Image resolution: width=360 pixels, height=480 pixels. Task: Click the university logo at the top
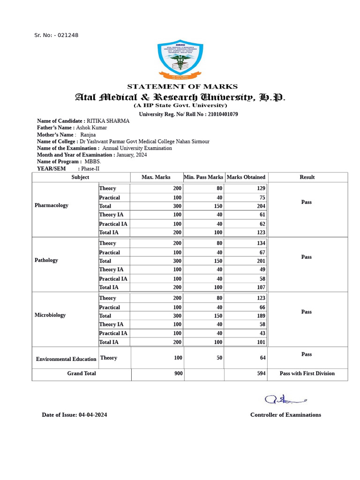[180, 60]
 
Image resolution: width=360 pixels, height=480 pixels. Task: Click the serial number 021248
[68, 35]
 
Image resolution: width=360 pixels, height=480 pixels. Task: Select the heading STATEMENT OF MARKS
[182, 86]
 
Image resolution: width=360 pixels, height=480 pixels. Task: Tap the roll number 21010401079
[223, 114]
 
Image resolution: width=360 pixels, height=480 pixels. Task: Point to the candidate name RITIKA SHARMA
[108, 121]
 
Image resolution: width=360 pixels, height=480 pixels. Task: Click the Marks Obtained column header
[246, 177]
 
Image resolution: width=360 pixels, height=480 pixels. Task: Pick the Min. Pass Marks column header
[203, 177]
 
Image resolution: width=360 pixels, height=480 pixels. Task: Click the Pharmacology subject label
[51, 205]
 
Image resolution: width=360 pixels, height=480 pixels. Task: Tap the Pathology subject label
[46, 260]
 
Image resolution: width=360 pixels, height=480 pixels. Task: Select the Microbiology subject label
[50, 315]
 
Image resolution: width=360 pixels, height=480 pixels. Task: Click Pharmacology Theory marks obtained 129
[261, 188]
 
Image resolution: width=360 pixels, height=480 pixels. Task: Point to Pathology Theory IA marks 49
[262, 270]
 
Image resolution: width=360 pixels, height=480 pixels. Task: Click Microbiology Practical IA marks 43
[262, 333]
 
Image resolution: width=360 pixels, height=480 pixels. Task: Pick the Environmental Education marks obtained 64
[262, 358]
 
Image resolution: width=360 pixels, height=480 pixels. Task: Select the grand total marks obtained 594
[261, 374]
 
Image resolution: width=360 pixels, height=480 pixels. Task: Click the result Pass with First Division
[307, 374]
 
